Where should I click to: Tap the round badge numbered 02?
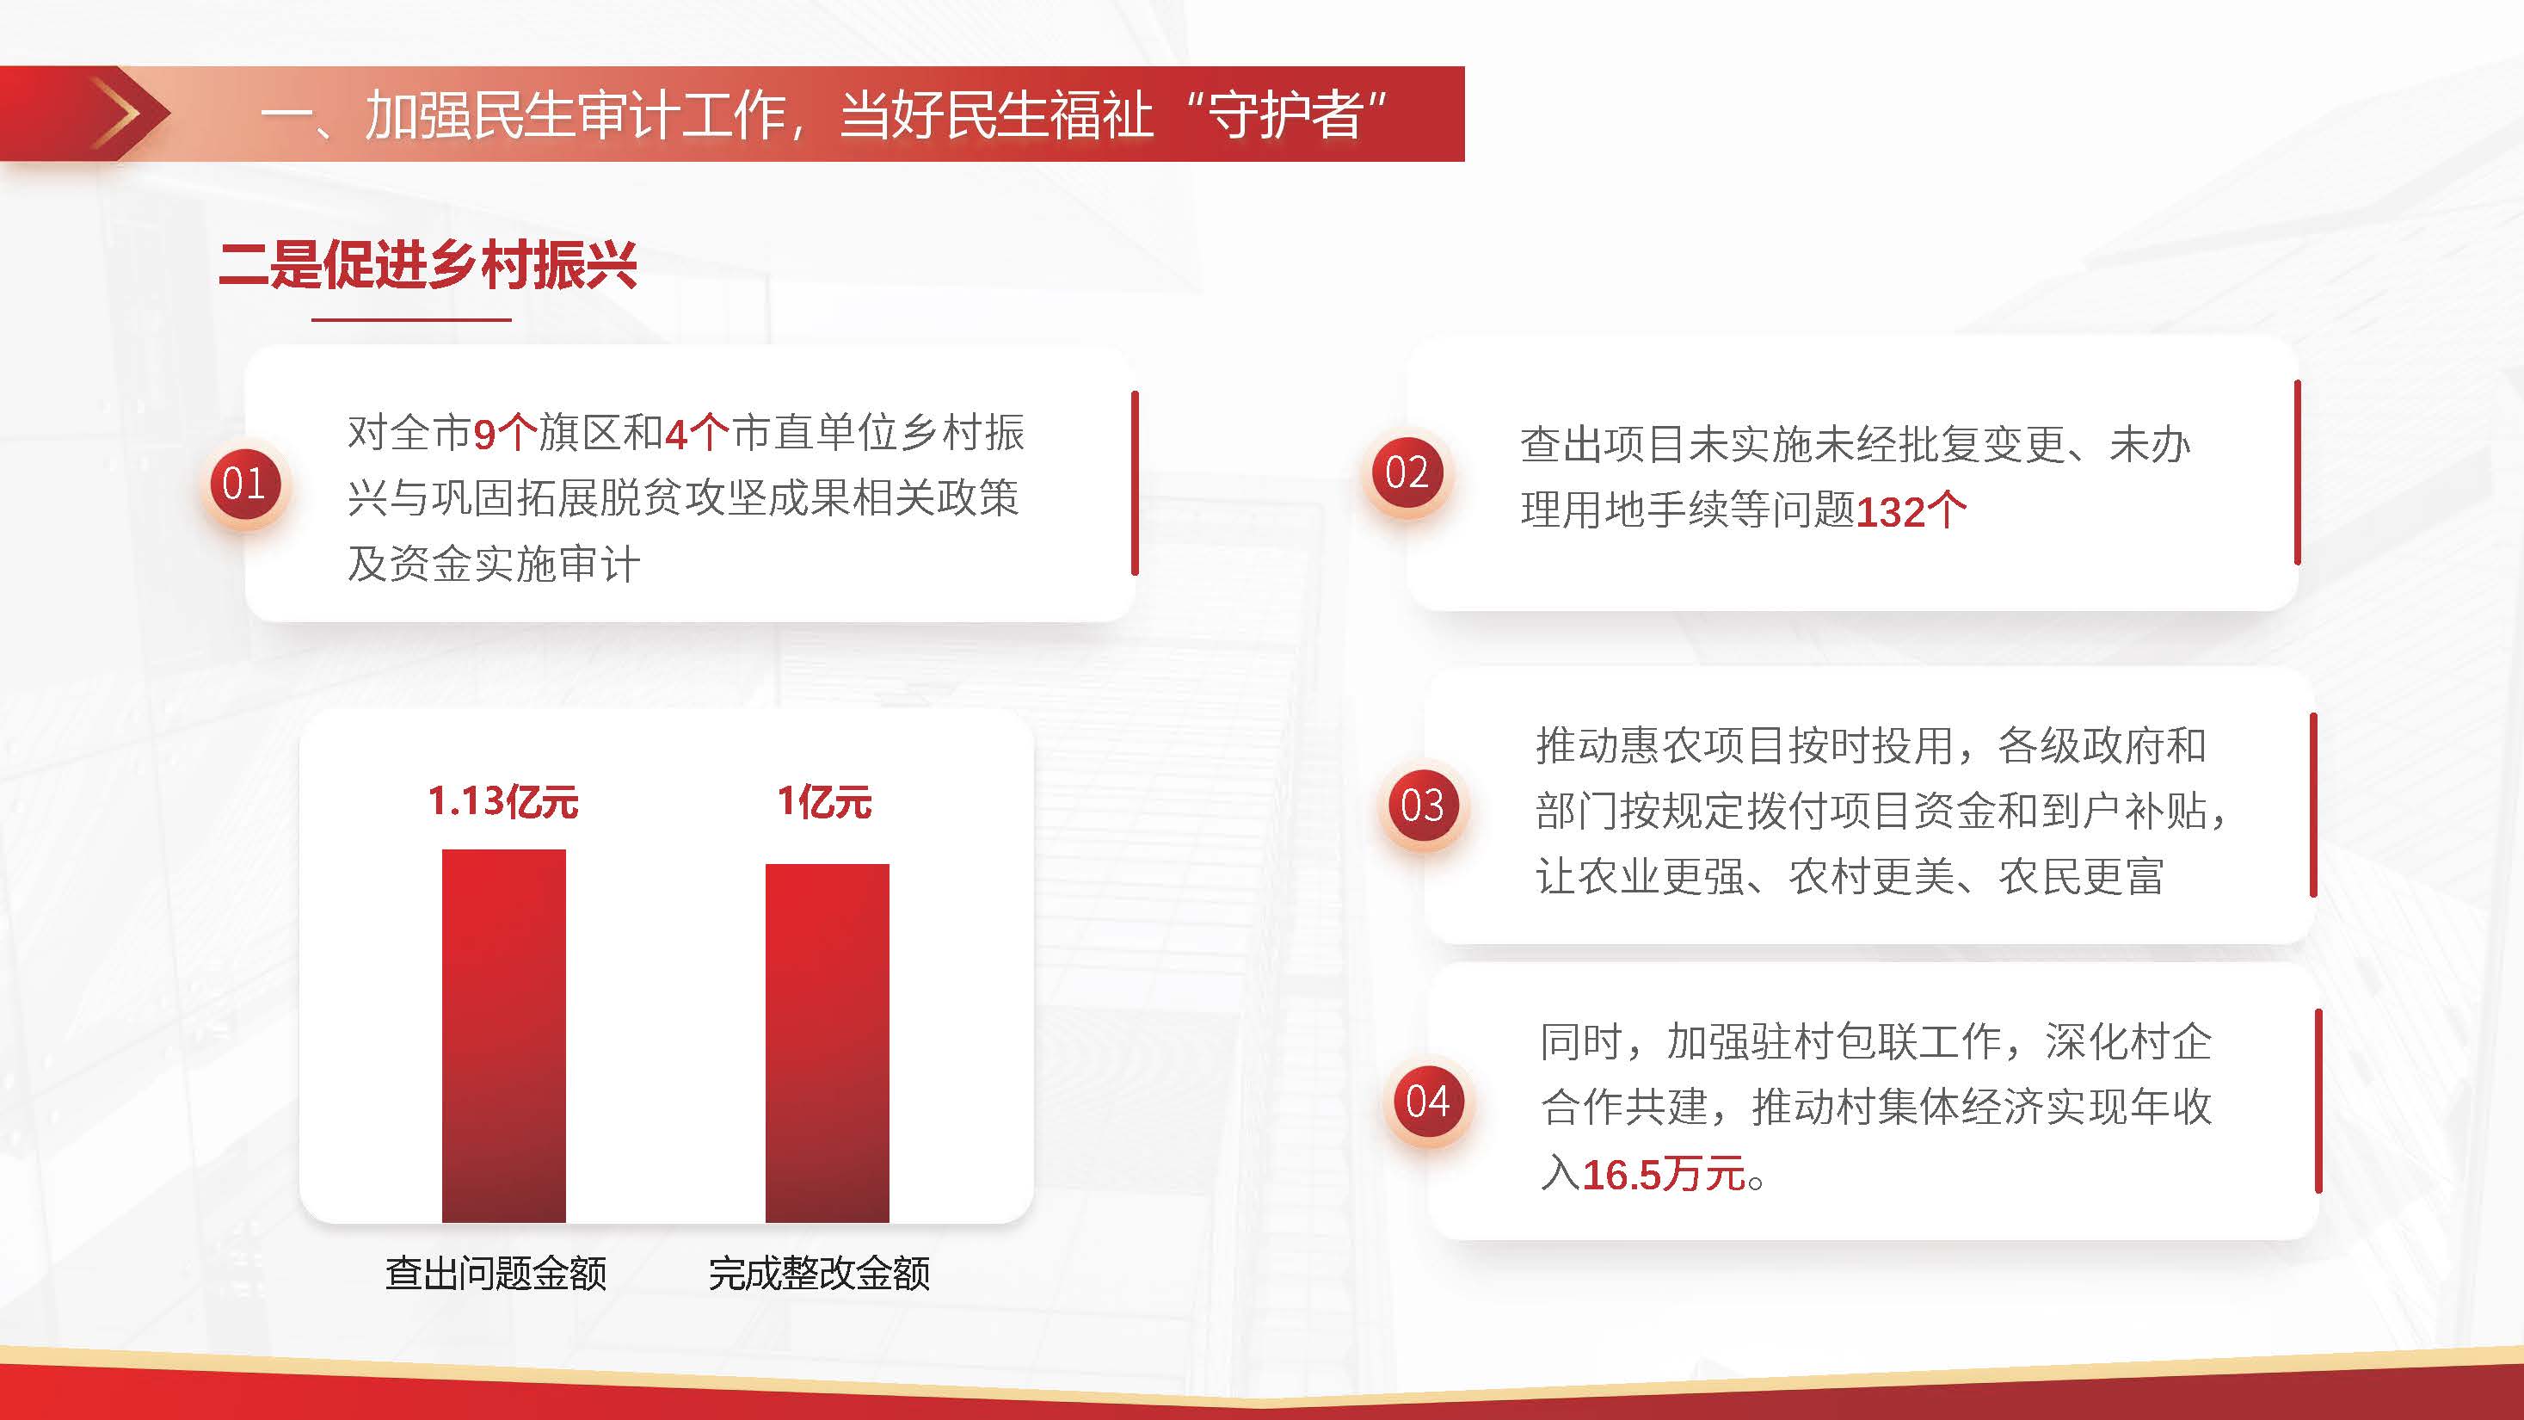[x=1407, y=473]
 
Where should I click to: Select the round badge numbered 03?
[x=1423, y=806]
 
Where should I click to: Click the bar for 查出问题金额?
[x=503, y=1036]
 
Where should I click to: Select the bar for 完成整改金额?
[x=827, y=1043]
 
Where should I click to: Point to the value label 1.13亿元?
[x=503, y=801]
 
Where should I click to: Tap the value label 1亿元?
[x=825, y=801]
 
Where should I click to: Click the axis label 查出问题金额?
[x=496, y=1273]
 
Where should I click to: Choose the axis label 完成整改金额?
[x=819, y=1273]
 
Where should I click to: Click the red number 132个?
[x=1911, y=510]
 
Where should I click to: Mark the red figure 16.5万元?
[x=1664, y=1174]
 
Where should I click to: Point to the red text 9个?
[x=506, y=433]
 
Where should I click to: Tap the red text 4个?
[x=698, y=433]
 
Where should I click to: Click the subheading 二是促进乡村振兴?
[x=428, y=264]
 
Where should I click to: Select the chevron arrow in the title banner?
[x=118, y=114]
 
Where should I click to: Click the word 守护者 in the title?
[x=1285, y=114]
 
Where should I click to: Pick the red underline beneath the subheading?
[x=411, y=319]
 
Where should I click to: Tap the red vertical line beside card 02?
[x=2297, y=472]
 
